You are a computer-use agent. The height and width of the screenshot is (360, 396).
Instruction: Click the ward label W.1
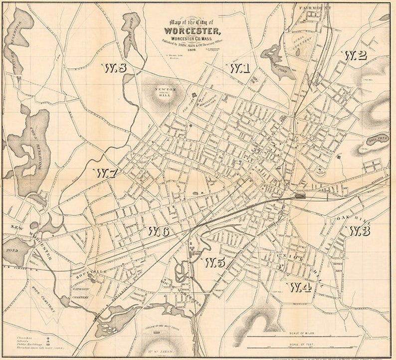pos(239,68)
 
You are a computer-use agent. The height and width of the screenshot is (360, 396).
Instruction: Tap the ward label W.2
pos(355,55)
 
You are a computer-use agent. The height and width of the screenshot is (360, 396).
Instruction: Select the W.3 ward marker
pos(359,230)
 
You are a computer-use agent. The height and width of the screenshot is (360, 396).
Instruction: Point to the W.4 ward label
pos(299,287)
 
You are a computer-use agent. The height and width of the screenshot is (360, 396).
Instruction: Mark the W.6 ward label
pos(158,231)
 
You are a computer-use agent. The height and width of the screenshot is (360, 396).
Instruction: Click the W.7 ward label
pos(106,173)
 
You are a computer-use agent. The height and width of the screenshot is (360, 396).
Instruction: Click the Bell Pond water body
pos(378,140)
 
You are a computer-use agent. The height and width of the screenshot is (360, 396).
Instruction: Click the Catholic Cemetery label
pos(81,293)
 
